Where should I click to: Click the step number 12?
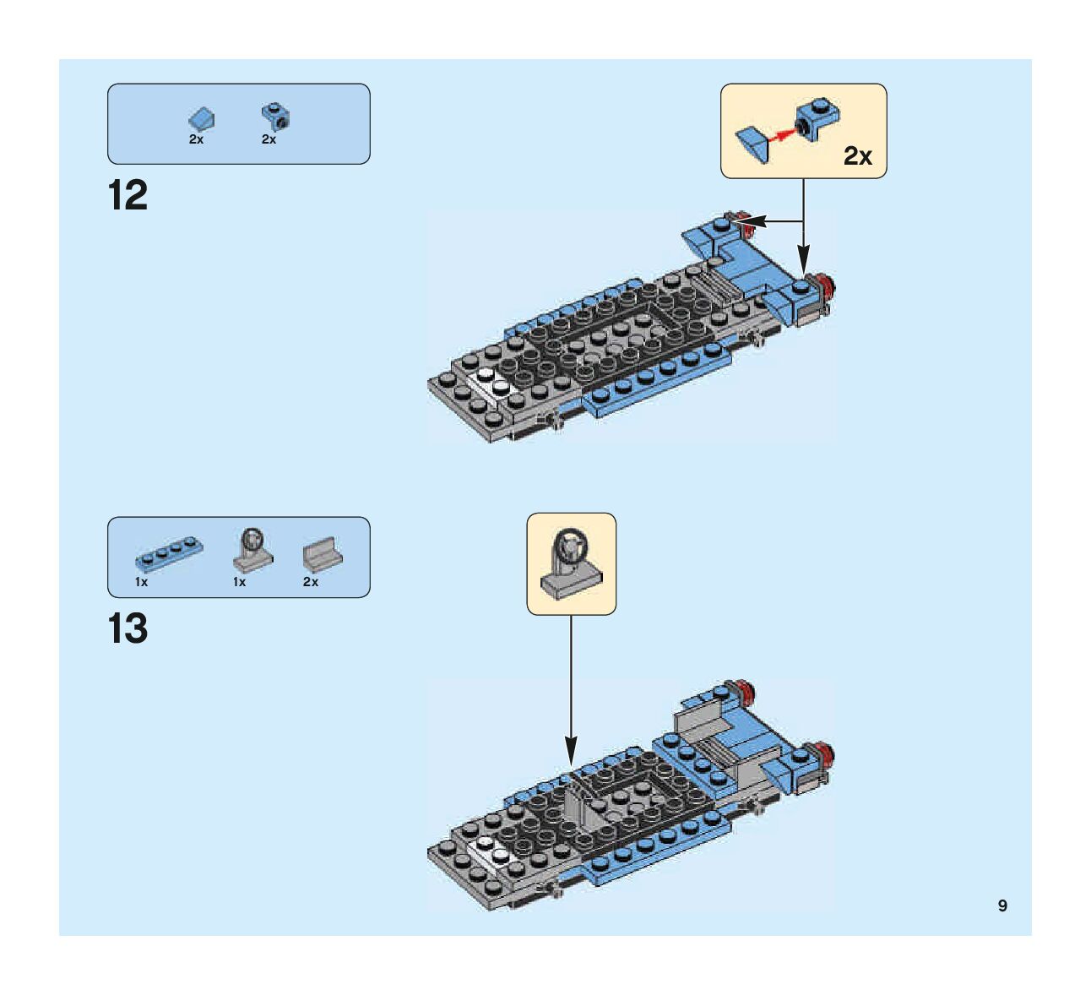point(128,196)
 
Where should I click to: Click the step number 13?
point(128,629)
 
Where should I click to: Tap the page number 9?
point(1002,905)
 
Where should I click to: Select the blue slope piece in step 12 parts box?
point(201,118)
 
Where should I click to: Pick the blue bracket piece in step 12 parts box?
point(275,117)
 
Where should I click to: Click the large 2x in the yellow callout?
point(857,156)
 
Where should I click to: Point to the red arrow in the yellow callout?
point(785,133)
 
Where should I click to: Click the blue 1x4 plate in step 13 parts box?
point(169,554)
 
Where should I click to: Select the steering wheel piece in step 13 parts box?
point(252,551)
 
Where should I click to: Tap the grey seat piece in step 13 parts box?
point(322,555)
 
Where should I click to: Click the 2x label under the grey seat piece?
point(311,582)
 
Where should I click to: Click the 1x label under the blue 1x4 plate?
point(141,582)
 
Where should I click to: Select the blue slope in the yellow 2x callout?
point(754,144)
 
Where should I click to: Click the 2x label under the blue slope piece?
point(196,139)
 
